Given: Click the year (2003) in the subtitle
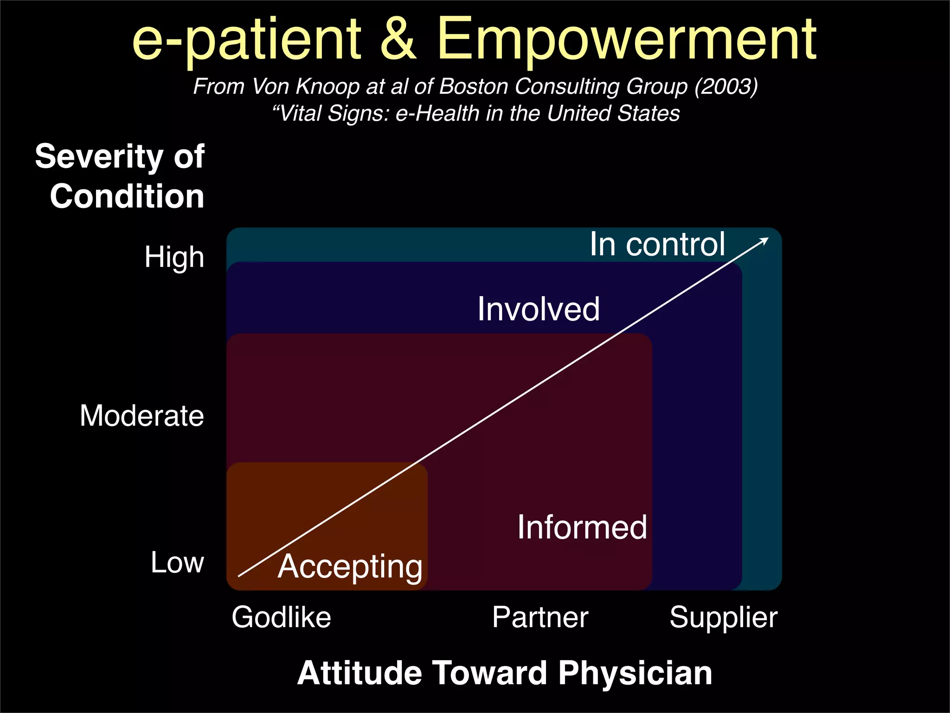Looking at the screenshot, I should [726, 86].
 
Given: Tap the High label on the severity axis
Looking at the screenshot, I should [174, 257].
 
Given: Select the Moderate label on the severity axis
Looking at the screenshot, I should [141, 415].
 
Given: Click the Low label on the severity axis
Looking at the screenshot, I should [177, 563].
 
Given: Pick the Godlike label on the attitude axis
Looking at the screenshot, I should [281, 617].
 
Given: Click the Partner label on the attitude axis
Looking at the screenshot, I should [540, 617].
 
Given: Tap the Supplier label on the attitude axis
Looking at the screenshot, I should [723, 617].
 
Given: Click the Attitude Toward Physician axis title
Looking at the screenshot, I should [505, 673].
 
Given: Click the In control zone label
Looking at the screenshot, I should [657, 244].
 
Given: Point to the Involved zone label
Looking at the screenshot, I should [539, 309].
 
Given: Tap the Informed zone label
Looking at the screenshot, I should [582, 527].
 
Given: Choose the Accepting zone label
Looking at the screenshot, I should [350, 567].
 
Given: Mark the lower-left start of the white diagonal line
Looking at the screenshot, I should [239, 576].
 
